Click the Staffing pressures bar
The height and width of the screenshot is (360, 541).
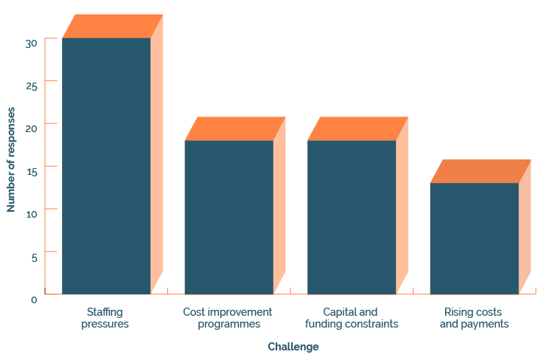[106, 166]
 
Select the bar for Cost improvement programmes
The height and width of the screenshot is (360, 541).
[228, 217]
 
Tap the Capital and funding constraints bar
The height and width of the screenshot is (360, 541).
[352, 217]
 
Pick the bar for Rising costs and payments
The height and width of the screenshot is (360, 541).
[474, 238]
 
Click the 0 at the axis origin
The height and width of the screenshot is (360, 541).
[34, 299]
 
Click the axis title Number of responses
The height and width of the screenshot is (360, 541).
[11, 159]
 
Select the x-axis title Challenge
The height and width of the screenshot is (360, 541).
[293, 347]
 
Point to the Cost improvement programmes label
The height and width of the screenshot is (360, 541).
[228, 318]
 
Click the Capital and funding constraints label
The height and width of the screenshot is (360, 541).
[352, 318]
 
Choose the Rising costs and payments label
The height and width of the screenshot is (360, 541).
[474, 318]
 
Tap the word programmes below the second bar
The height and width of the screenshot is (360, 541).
[228, 324]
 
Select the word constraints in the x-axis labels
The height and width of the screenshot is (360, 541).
[373, 324]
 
